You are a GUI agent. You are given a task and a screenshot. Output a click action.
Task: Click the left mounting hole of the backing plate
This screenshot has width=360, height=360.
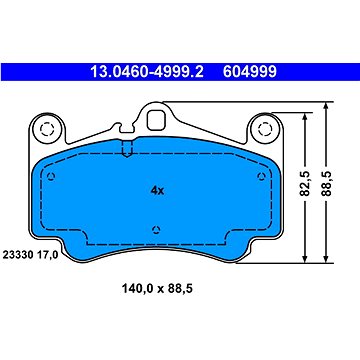pos(45,128)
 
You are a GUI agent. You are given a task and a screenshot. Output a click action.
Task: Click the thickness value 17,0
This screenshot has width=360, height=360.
pos(48,255)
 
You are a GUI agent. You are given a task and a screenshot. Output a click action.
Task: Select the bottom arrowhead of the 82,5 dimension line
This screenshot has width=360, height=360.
pos(306,264)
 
